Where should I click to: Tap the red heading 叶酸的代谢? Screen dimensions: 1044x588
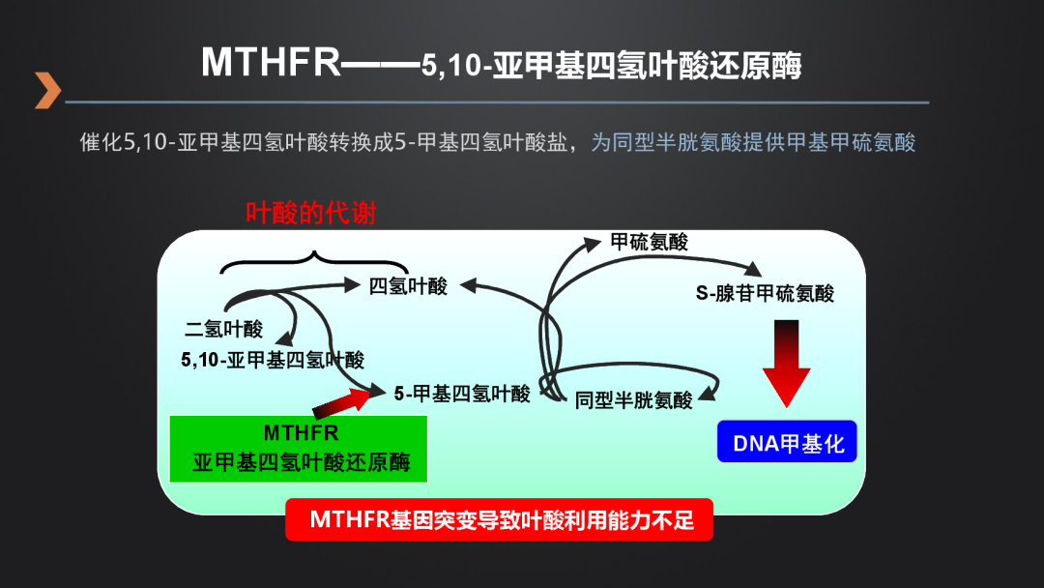(310, 213)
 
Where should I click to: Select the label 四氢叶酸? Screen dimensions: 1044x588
(408, 286)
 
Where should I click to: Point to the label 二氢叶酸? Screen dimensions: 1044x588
(223, 329)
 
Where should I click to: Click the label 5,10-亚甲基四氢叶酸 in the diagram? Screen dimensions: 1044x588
(272, 360)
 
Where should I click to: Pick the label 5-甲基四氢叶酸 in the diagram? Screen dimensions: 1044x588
(462, 394)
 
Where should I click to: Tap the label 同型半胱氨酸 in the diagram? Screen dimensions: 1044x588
(633, 400)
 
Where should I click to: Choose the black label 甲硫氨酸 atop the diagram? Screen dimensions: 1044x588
(649, 242)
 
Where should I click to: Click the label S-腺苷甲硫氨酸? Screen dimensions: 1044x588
(765, 293)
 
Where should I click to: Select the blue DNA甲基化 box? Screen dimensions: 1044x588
(788, 443)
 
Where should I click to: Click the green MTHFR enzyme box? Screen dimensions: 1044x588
(299, 448)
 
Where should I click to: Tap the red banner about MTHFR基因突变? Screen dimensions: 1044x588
(499, 520)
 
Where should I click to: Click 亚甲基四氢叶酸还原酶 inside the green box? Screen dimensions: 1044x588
(301, 462)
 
